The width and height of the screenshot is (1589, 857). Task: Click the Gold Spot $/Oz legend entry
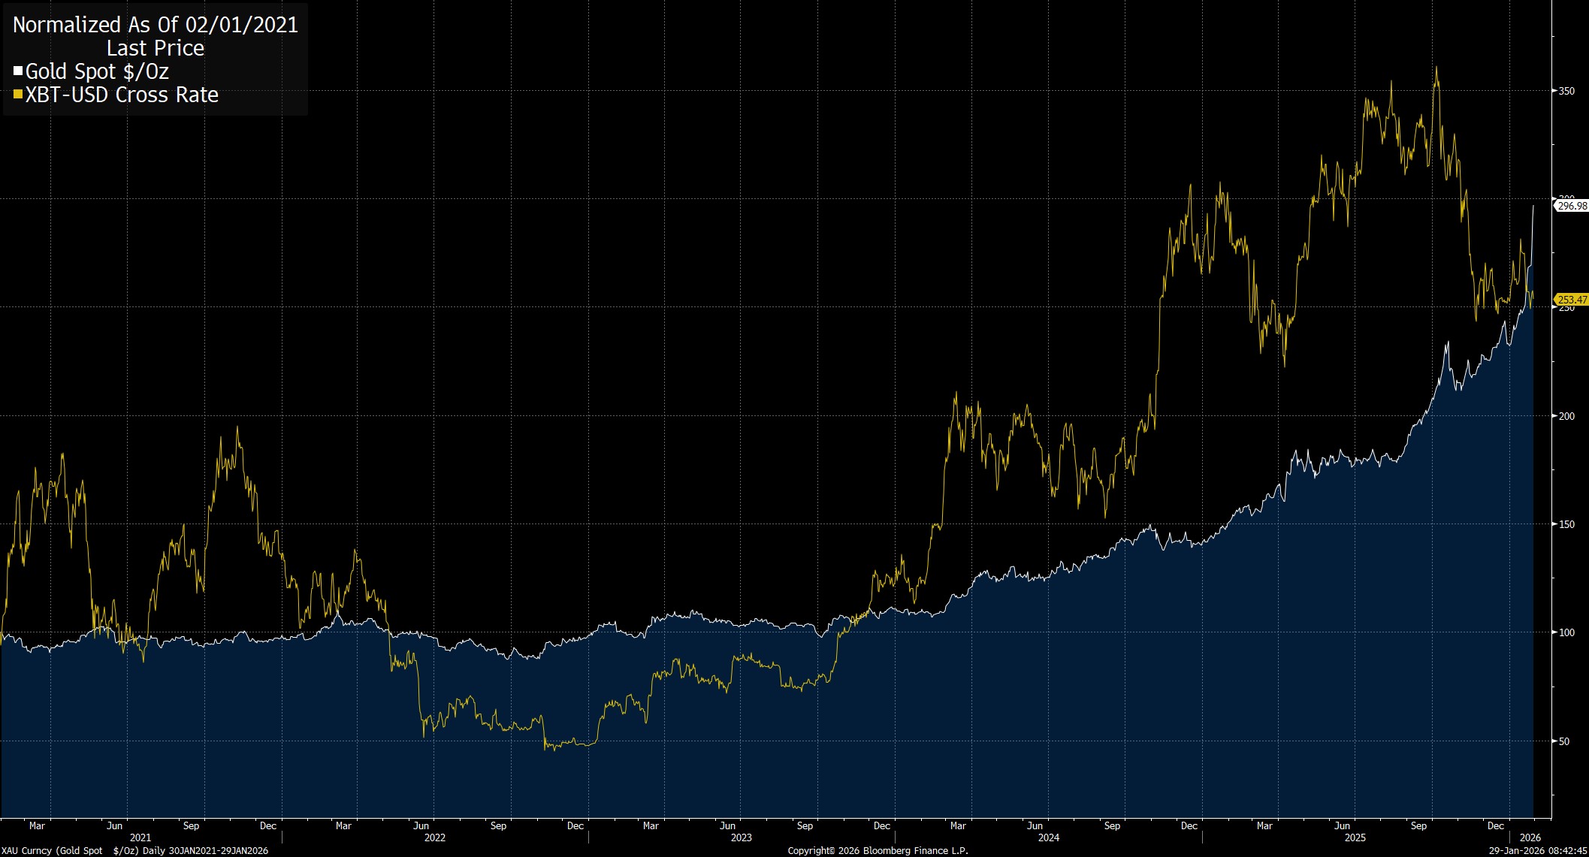(x=97, y=72)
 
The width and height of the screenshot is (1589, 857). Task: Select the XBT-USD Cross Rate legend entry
(x=122, y=95)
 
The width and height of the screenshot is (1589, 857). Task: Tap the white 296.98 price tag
(x=1572, y=206)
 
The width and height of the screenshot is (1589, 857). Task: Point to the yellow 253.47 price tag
(x=1572, y=300)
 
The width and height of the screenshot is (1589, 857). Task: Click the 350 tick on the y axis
(x=1566, y=91)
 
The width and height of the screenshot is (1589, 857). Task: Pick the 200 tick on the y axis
(x=1566, y=416)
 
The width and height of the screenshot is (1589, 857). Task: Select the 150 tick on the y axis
(x=1566, y=524)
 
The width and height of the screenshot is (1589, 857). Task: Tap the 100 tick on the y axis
(x=1566, y=632)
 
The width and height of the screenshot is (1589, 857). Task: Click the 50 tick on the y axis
(x=1564, y=741)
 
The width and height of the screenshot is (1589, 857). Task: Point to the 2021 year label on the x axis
(x=140, y=837)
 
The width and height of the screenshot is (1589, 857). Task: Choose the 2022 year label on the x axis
(x=435, y=837)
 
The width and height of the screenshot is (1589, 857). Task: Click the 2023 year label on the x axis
(x=742, y=837)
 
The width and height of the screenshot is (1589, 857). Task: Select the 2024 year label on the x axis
(x=1049, y=837)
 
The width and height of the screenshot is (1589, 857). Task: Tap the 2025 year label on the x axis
(x=1355, y=837)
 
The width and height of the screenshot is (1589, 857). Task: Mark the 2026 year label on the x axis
(x=1530, y=837)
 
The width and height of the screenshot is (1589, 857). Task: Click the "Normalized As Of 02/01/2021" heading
(x=156, y=25)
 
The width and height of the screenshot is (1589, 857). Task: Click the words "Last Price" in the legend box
(x=156, y=48)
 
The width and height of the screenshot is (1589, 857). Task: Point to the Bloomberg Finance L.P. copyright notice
(x=878, y=851)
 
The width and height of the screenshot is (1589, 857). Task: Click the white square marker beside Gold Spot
(x=18, y=72)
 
